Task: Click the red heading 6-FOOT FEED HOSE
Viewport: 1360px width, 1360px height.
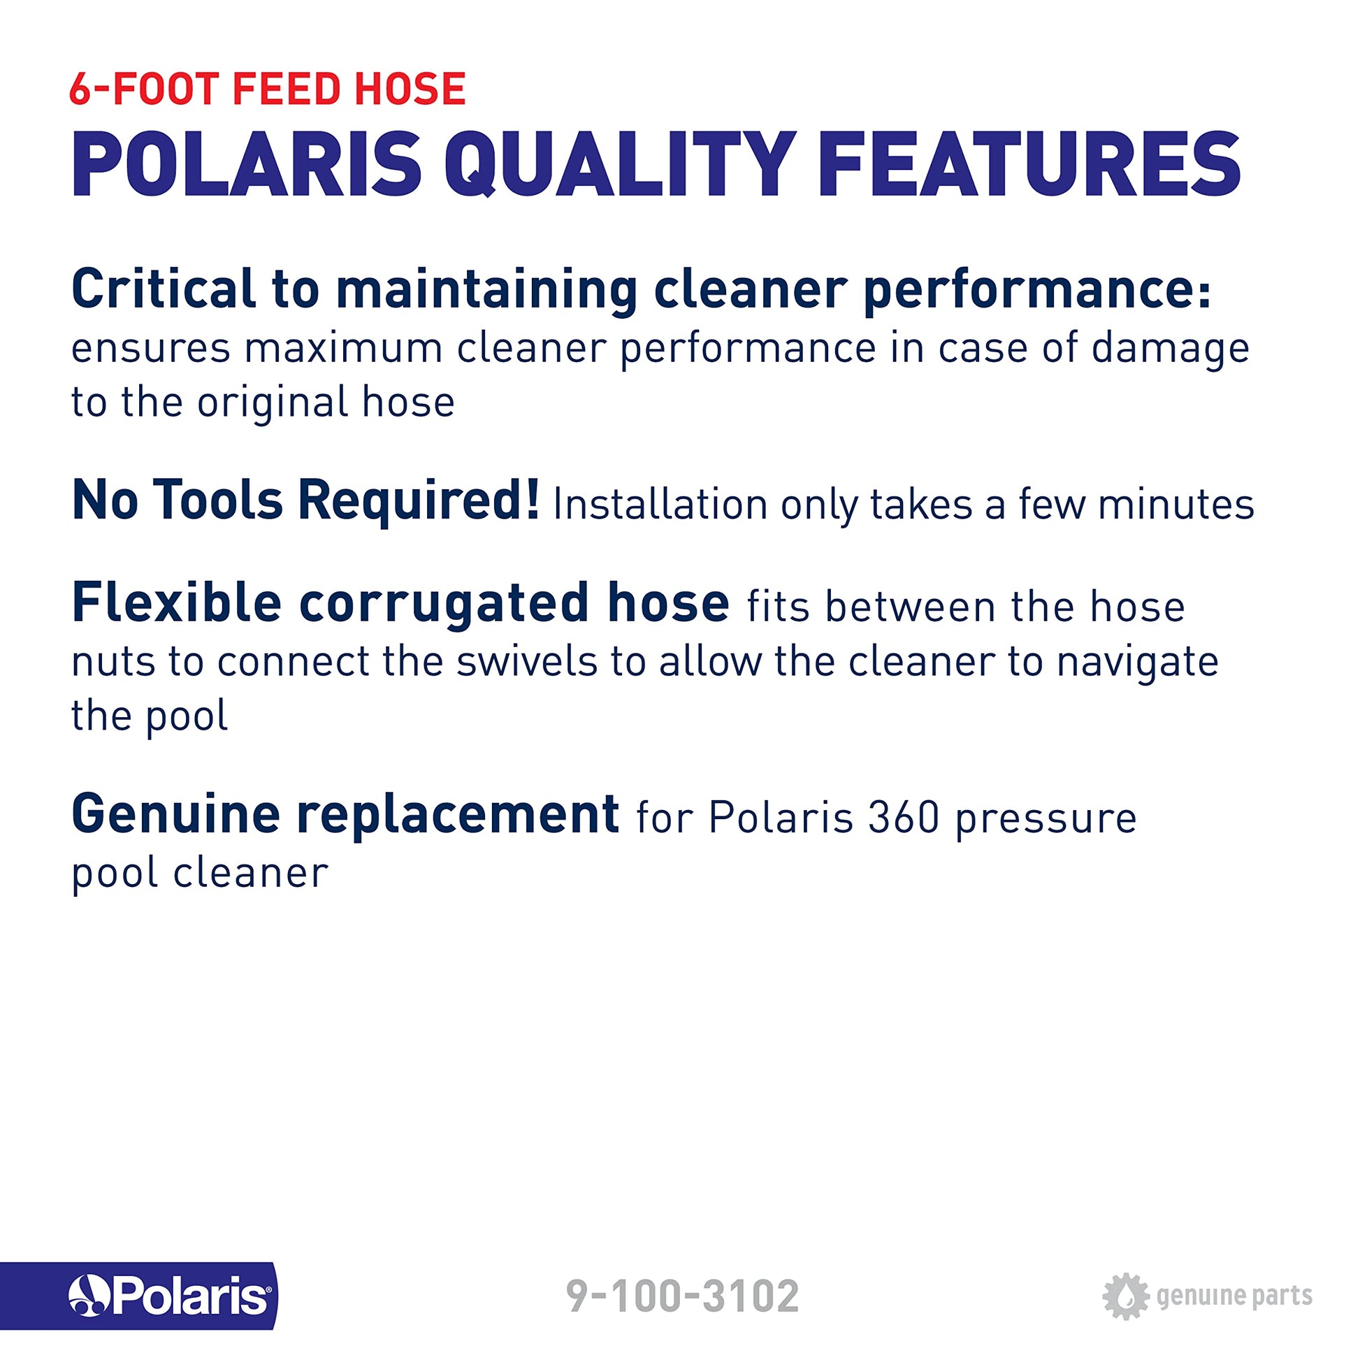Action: [268, 89]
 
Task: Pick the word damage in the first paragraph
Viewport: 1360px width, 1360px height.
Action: [1171, 350]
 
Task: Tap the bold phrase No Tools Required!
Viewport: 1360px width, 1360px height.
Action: [305, 499]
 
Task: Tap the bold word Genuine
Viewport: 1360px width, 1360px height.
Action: [176, 813]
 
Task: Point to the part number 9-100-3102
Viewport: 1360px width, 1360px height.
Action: [683, 1296]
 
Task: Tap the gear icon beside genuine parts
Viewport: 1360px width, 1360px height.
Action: [1126, 1296]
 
